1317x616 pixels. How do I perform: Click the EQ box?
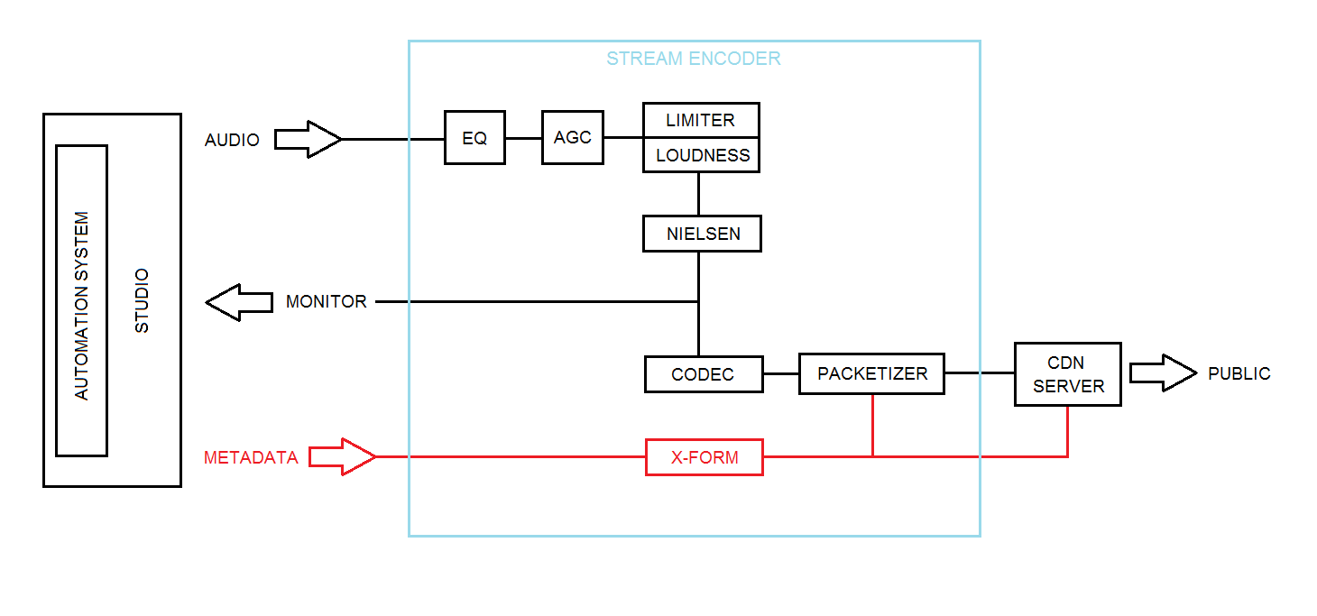pos(474,138)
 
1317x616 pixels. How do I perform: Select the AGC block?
pos(573,137)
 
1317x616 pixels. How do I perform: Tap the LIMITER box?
pos(701,120)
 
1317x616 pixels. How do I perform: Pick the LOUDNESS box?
pos(702,155)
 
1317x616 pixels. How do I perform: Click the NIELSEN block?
pos(703,234)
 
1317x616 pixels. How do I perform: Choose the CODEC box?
pos(704,374)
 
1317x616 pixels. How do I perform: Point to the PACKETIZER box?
pos(871,373)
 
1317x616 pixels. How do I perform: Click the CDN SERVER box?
pos(1068,374)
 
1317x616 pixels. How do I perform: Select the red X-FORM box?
pos(705,457)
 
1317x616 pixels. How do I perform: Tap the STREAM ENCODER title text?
pos(693,60)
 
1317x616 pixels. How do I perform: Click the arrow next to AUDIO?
pos(308,140)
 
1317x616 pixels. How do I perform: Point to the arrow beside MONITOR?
pos(239,302)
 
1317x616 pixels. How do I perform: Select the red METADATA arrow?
pos(342,457)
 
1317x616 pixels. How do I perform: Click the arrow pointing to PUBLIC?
pos(1163,373)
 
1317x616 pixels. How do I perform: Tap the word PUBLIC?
pos(1239,374)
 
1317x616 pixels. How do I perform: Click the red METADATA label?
pos(251,457)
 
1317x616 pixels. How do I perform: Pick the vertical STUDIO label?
pos(142,300)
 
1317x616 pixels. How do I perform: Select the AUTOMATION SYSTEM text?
pos(82,306)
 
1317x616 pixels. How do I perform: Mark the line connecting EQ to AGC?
pos(523,138)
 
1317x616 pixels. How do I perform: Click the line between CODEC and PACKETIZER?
pos(781,373)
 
